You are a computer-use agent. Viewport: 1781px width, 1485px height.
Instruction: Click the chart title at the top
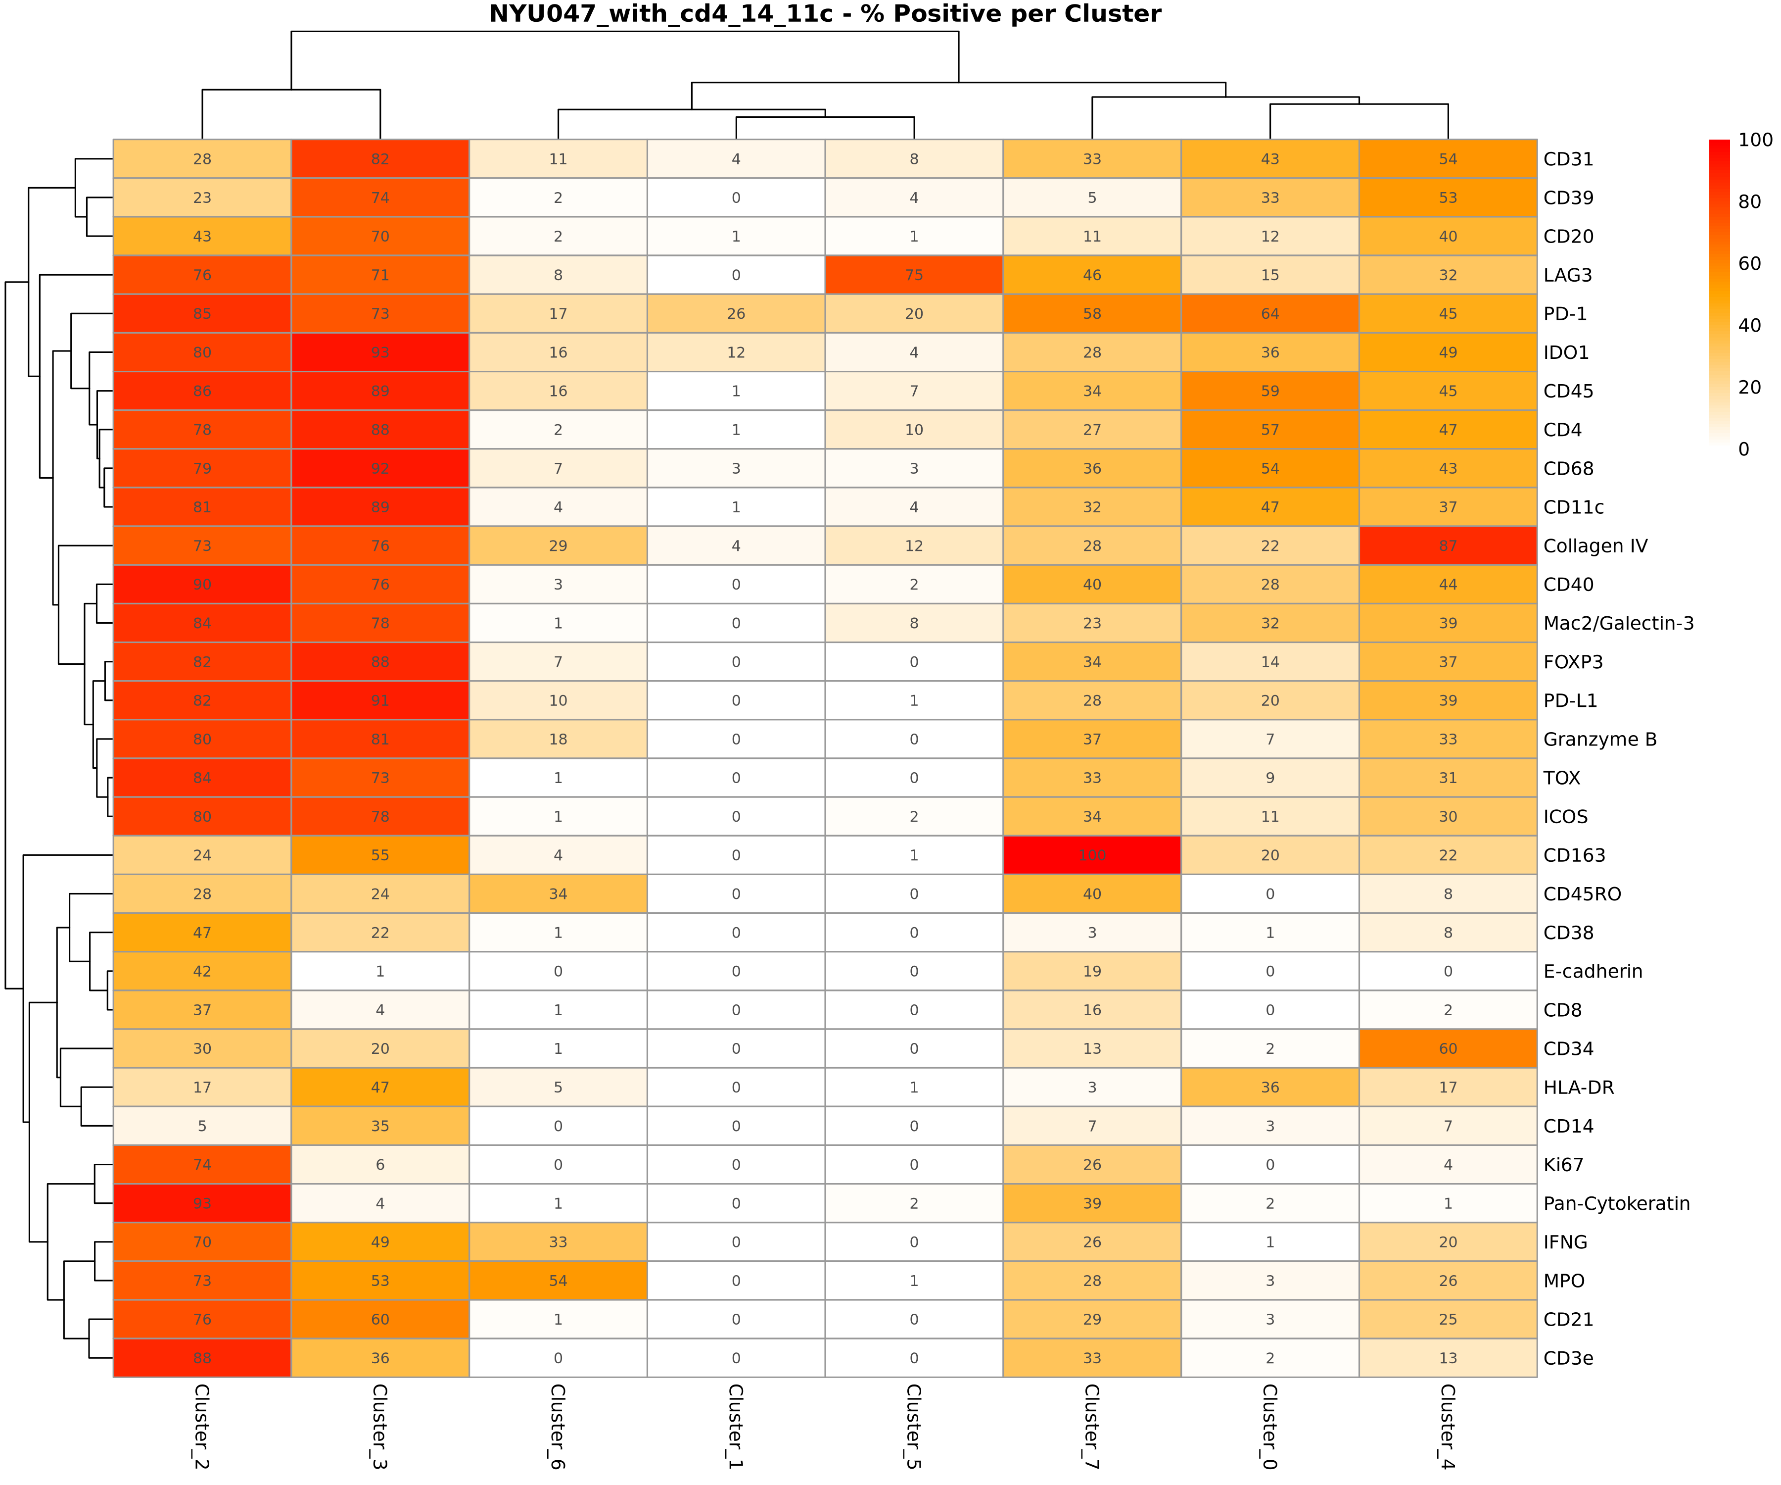pyautogui.click(x=824, y=14)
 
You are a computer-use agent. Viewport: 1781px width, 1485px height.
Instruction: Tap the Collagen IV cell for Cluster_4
pyautogui.click(x=1448, y=545)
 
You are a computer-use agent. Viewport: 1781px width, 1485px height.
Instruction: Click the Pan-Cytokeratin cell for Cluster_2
pyautogui.click(x=202, y=1203)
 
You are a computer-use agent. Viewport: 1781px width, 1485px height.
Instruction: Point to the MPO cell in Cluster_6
pyautogui.click(x=558, y=1281)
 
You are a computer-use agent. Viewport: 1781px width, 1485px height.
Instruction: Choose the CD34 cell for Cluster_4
pyautogui.click(x=1448, y=1049)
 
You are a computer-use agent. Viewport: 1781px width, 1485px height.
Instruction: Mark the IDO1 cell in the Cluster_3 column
pyautogui.click(x=380, y=352)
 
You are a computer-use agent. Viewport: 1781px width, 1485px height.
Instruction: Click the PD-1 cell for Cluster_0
pyautogui.click(x=1269, y=314)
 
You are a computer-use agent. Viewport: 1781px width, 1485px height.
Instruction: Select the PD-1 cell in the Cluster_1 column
pyautogui.click(x=736, y=314)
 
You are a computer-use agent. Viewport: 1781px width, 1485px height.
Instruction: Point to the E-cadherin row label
pyautogui.click(x=1593, y=972)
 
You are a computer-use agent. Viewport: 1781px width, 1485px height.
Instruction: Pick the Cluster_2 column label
pyautogui.click(x=202, y=1426)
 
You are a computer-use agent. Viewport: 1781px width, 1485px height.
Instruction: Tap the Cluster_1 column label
pyautogui.click(x=736, y=1426)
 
